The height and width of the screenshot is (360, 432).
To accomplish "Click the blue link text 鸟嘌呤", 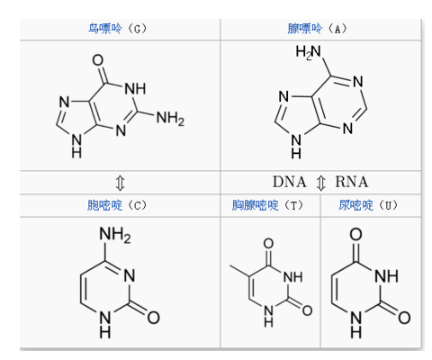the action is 105,29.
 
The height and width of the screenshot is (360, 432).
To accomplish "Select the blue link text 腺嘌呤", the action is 305,29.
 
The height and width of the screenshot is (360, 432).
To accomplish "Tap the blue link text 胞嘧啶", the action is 105,205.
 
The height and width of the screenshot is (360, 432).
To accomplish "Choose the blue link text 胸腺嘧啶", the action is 256,205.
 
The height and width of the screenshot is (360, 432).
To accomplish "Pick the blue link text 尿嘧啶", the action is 355,205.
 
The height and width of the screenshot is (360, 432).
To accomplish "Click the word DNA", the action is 290,182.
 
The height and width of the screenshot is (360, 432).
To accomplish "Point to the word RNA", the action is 352,182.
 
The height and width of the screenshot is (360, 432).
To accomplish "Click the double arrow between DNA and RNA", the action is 321,183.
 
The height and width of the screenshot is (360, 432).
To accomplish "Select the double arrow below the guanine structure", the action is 120,183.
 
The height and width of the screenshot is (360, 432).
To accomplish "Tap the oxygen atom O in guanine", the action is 98,60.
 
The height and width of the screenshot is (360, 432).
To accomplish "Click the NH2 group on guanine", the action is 170,118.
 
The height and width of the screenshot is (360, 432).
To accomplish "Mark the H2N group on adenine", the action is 308,52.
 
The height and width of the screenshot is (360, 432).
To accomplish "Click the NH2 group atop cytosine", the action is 115,234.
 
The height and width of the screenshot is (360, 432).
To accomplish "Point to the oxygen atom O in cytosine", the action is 153,318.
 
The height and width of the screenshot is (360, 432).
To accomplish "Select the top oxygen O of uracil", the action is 356,234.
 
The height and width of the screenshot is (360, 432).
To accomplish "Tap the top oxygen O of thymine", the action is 268,244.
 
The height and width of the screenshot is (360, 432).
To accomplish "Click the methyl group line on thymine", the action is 239,271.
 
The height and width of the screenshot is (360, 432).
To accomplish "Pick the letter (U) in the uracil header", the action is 388,206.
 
